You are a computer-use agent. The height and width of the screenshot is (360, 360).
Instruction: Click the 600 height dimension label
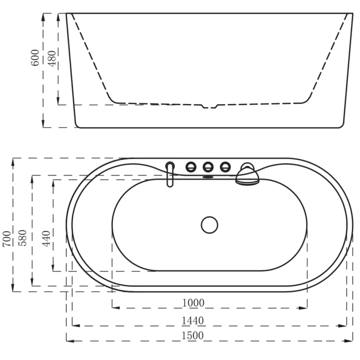point(35,58)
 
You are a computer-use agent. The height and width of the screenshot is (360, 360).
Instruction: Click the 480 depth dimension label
point(52,59)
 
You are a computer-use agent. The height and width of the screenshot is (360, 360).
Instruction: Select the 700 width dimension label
point(6,239)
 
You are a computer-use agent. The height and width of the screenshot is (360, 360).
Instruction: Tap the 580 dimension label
point(22,238)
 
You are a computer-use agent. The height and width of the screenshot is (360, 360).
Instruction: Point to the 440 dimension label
point(46,239)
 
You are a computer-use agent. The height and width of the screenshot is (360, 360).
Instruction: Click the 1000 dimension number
point(193,303)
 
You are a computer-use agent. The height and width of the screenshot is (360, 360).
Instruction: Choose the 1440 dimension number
point(192,321)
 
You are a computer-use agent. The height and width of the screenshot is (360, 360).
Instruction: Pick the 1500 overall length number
point(192,336)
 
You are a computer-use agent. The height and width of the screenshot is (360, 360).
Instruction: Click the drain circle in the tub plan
point(209,225)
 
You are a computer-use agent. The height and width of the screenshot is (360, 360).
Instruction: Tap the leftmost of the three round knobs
point(191,167)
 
